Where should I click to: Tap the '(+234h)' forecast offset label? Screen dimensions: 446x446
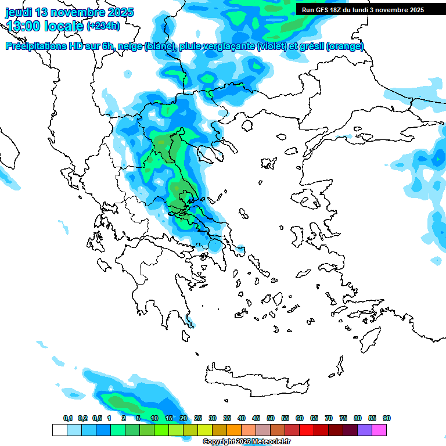(x=103, y=26)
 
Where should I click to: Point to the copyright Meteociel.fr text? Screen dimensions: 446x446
(x=246, y=442)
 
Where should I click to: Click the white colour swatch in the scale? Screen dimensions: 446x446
(x=59, y=430)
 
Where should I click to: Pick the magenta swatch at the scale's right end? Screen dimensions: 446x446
(x=379, y=430)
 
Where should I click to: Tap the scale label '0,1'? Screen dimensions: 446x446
(x=67, y=418)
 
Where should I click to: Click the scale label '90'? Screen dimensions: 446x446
(x=387, y=418)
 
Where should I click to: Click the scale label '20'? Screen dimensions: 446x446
(x=184, y=418)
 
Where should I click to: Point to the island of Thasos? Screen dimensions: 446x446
(x=247, y=125)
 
